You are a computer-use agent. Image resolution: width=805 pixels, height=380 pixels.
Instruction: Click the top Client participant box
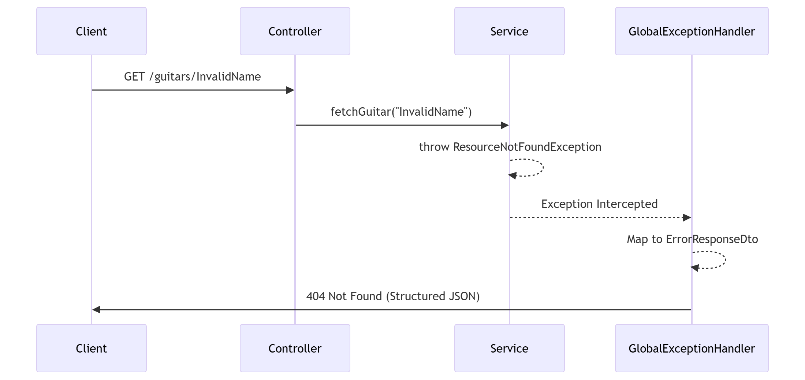[91, 31]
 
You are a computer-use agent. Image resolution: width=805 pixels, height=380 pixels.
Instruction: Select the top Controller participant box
[295, 31]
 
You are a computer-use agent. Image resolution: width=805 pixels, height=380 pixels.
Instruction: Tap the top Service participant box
[509, 31]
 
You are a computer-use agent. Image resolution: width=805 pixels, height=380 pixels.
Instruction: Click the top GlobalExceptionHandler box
[692, 31]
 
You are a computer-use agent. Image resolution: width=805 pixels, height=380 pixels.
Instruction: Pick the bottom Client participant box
[91, 348]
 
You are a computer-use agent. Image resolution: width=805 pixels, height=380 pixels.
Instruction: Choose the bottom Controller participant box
[295, 348]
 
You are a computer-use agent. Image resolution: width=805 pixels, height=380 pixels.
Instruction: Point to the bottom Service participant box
[509, 348]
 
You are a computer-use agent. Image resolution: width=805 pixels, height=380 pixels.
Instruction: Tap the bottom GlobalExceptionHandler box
[692, 348]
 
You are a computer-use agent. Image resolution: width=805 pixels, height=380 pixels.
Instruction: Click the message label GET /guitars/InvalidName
[192, 77]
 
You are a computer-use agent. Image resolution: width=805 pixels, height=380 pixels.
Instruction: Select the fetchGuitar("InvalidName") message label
[401, 112]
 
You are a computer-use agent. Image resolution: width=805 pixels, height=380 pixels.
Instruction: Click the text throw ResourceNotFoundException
[510, 147]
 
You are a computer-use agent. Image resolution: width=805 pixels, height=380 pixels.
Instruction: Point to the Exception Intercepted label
[599, 204]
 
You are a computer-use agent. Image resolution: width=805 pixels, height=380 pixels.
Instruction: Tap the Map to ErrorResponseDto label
[692, 239]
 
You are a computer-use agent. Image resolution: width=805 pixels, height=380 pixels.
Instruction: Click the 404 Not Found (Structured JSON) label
[393, 296]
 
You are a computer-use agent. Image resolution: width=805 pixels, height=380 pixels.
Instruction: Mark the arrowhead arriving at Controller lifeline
[290, 90]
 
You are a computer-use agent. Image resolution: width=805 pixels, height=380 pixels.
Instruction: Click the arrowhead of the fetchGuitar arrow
[505, 125]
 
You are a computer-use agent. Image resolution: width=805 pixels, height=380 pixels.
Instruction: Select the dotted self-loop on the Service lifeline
[543, 168]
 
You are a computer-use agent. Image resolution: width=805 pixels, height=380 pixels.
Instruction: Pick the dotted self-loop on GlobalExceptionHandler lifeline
[725, 260]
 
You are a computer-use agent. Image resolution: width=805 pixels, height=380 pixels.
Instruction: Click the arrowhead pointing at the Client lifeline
[96, 310]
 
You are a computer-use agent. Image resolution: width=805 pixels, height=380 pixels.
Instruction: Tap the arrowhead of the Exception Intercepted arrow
[687, 217]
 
